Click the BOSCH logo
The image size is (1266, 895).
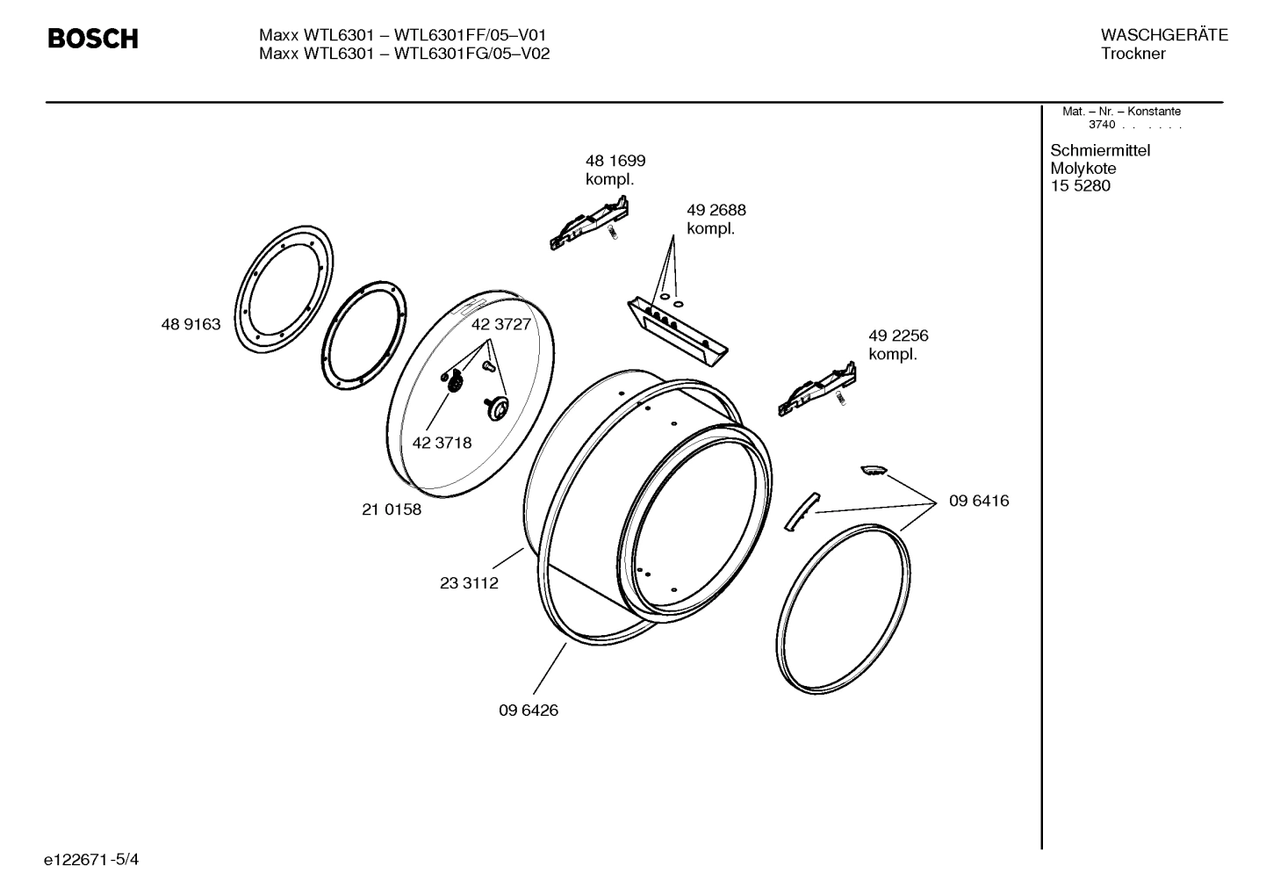92,40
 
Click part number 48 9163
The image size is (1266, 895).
191,325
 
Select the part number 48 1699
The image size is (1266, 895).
615,161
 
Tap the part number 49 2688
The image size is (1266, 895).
716,211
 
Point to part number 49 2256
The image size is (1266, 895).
897,336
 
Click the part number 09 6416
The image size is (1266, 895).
978,502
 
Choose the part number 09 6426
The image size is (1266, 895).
528,711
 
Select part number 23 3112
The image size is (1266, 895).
469,583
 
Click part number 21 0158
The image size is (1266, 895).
391,509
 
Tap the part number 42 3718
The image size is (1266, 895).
442,443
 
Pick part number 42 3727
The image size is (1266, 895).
500,324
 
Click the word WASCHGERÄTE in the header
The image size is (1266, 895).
1163,35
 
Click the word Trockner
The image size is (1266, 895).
1133,54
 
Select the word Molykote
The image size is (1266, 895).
1083,169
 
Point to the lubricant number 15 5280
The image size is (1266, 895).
1080,186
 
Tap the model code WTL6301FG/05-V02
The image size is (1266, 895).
472,54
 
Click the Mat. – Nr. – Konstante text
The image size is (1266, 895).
1121,112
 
